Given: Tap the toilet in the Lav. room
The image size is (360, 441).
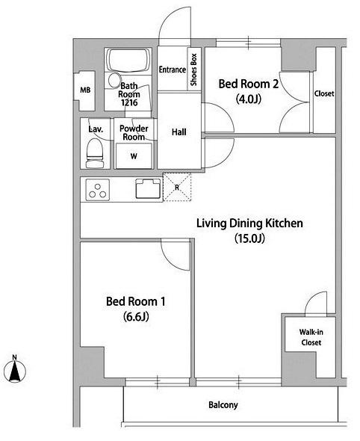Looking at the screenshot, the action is coord(94,153).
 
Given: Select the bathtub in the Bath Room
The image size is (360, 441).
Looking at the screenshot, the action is coord(128,61).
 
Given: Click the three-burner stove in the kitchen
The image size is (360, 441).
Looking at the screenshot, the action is coord(98,190).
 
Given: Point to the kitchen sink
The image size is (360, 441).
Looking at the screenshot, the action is coord(148,188).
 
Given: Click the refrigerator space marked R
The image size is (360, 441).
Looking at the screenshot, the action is coord(177,187).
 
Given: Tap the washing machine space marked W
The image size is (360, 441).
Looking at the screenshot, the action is coord(134,155).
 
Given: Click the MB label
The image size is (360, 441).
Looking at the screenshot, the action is coord(85,90).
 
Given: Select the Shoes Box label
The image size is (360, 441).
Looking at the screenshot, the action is coord(193,70).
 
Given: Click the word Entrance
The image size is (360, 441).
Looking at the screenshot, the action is coord(173,70).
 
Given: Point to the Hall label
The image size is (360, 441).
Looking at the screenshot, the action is coord(179,132).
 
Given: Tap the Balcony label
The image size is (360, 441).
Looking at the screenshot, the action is coord(223,405).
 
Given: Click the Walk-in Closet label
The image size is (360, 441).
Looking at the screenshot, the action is coord(311,337).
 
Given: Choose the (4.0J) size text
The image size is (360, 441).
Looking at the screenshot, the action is coord(249,99).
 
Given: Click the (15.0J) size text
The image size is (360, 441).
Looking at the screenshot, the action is coord(250,238).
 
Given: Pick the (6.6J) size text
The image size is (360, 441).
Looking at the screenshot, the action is coord(136,317).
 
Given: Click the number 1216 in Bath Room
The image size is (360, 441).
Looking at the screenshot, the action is coord(129,102).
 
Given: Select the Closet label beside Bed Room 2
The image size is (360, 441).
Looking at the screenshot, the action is coord(324,93).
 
